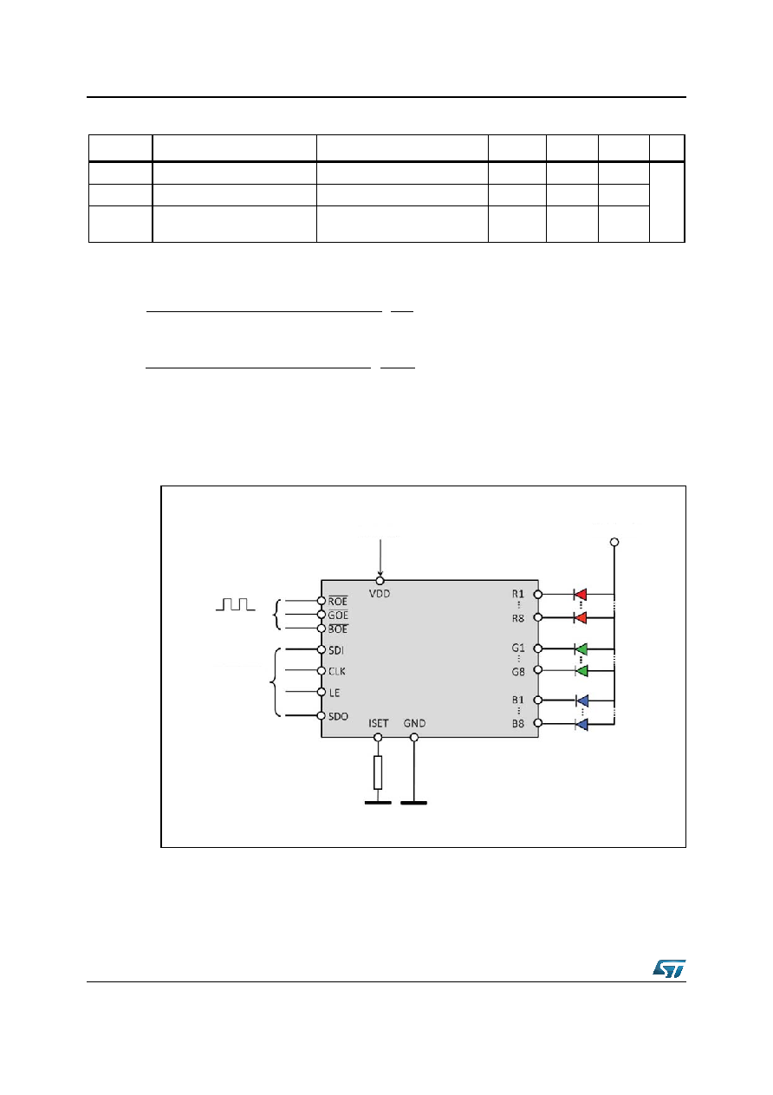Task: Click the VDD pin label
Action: (380, 594)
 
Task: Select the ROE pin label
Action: (338, 602)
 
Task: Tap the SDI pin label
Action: (336, 650)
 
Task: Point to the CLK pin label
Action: (336, 671)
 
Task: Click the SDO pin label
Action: (338, 716)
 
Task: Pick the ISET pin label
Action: (378, 723)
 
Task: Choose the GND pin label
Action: (414, 723)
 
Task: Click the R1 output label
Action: (518, 594)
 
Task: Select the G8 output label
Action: (518, 672)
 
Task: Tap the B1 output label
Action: (518, 700)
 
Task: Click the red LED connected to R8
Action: (580, 617)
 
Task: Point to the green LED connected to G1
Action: (581, 649)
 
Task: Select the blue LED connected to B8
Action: (581, 724)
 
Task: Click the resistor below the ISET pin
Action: (378, 772)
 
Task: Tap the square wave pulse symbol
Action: (236, 604)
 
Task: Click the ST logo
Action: (669, 968)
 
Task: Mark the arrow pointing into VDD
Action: (380, 557)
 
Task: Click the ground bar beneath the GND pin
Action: (414, 803)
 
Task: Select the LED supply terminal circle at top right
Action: (614, 542)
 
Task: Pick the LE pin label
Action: (335, 692)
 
